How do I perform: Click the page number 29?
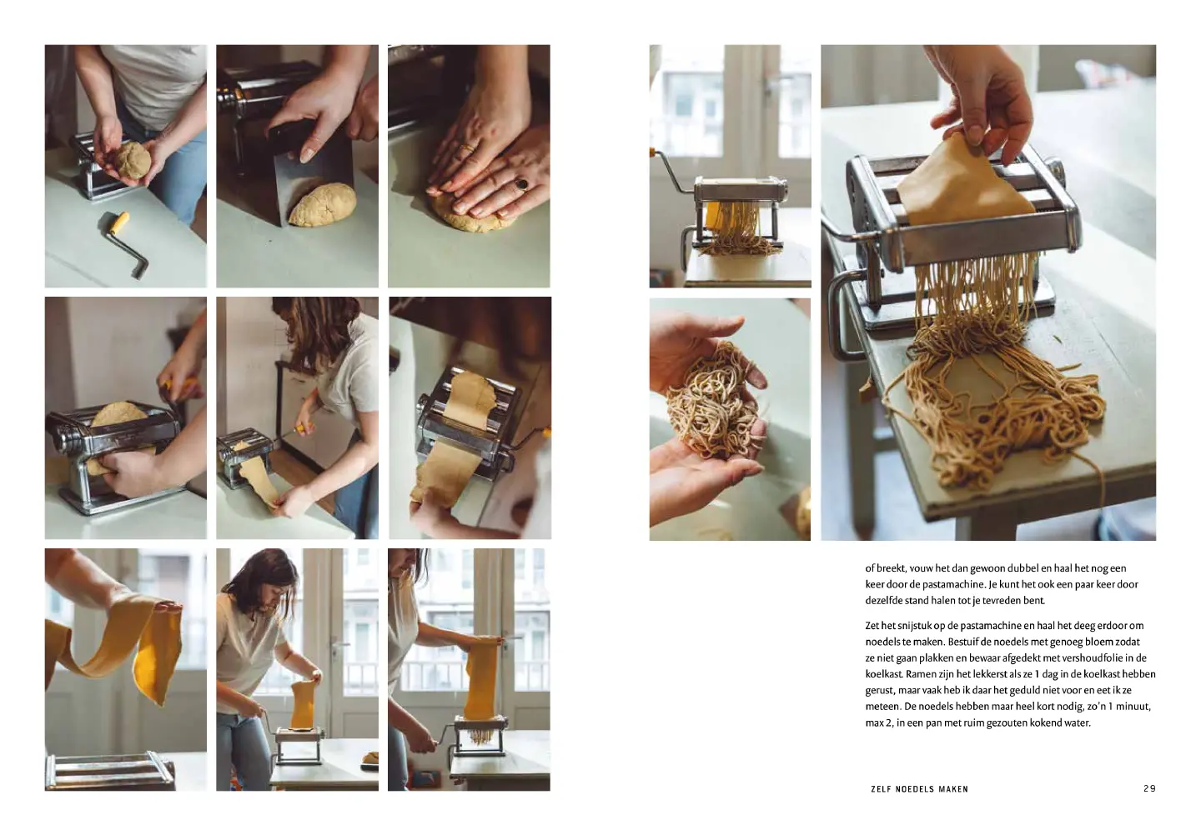coord(1149,788)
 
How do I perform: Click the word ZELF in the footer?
coord(881,788)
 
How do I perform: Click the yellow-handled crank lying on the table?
coord(126,241)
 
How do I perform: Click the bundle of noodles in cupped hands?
coord(714,399)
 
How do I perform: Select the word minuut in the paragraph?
coord(1134,707)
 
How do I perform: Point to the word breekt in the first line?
coord(892,568)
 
